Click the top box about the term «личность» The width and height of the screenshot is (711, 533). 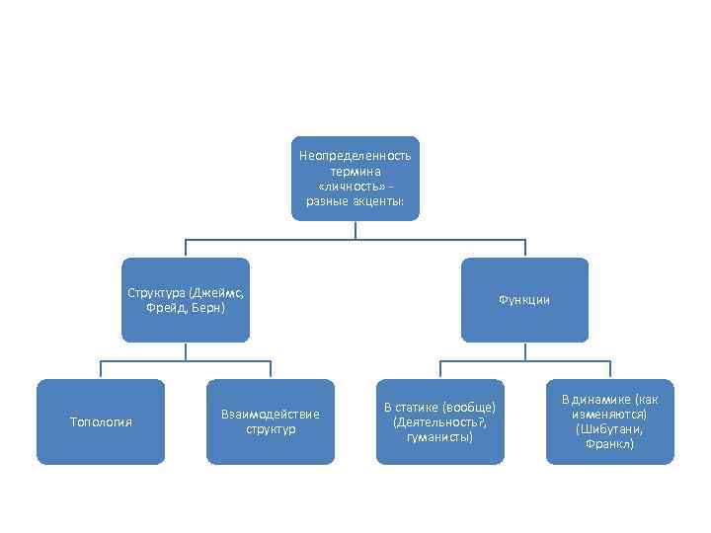point(355,178)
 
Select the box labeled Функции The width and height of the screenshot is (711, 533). point(524,300)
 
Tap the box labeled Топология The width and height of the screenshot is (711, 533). point(101,422)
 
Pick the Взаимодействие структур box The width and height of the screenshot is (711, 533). point(271,422)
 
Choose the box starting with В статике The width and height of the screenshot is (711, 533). point(439,422)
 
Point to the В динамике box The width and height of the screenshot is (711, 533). point(609,422)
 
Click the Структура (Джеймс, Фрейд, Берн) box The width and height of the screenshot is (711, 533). point(186,300)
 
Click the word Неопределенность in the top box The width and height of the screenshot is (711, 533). point(355,157)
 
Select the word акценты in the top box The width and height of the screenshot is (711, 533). point(378,200)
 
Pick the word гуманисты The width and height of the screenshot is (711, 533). point(439,436)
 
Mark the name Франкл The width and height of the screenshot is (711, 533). point(609,444)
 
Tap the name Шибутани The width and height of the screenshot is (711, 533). point(613,429)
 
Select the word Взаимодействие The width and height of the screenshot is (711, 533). point(271,415)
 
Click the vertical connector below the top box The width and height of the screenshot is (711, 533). point(355,229)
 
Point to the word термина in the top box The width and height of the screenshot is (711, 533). point(355,172)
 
